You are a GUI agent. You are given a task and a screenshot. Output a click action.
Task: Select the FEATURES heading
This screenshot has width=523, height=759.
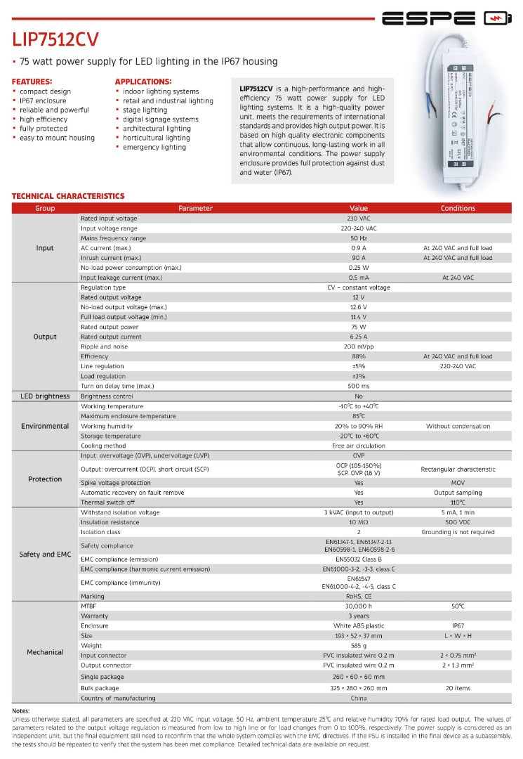pos(32,82)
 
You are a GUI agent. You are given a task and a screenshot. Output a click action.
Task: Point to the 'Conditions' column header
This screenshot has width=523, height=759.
pos(458,208)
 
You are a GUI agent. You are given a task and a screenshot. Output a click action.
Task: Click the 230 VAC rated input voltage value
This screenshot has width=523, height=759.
pos(359,219)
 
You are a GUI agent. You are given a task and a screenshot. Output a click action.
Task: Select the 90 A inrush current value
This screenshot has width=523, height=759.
pos(359,258)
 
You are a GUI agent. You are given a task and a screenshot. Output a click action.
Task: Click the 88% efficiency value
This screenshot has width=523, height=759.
pos(359,356)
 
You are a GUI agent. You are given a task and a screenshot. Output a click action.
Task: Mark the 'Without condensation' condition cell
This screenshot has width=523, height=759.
pos(458,426)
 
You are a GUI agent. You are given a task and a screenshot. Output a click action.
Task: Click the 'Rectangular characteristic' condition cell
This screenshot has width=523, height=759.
pos(458,469)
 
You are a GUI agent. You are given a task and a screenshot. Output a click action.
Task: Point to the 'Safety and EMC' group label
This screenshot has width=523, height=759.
pos(45,554)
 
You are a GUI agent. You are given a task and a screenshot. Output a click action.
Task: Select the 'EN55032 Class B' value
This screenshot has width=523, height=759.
pos(359,559)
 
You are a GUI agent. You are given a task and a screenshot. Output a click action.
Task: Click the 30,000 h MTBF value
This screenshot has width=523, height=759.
pos(359,606)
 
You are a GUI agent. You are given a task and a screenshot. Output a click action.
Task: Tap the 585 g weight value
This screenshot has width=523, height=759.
pos(359,645)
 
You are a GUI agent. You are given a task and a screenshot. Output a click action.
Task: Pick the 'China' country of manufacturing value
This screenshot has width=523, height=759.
pos(359,698)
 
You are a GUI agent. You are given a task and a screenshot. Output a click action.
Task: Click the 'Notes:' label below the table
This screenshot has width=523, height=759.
pos(21,711)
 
